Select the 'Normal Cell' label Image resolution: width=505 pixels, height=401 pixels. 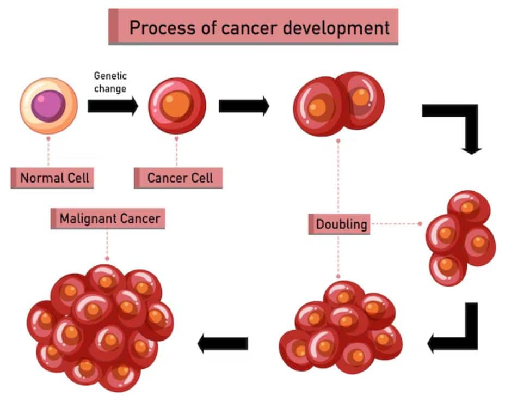coord(53,178)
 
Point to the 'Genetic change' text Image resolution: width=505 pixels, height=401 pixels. coord(110,82)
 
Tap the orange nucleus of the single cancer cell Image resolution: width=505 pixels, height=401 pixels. coord(176,102)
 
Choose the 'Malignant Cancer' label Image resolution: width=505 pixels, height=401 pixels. coord(108,219)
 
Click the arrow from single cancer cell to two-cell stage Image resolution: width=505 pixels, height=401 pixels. coord(244,106)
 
